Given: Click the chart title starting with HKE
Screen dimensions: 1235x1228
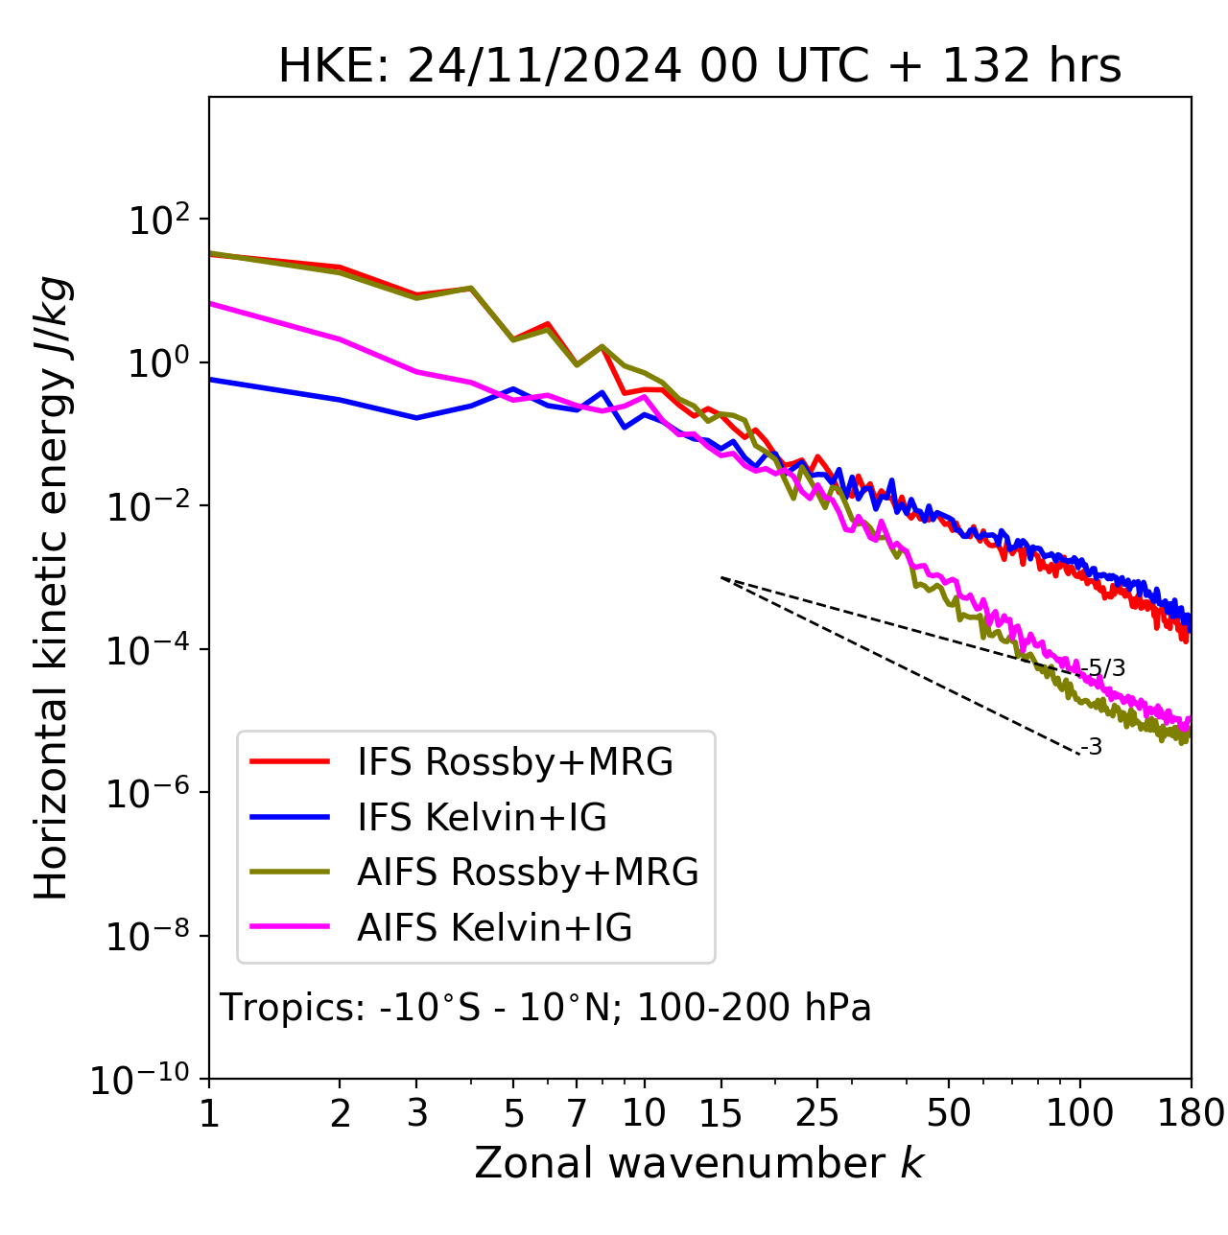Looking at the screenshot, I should [699, 67].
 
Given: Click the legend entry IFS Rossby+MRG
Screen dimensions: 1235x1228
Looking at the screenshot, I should [514, 762].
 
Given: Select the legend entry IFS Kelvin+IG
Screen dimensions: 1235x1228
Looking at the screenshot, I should [482, 818].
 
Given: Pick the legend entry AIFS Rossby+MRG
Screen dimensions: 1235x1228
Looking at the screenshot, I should [527, 873].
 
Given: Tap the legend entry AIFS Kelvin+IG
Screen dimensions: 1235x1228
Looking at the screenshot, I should [494, 928].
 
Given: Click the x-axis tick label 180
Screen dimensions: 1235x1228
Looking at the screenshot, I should [1191, 1114].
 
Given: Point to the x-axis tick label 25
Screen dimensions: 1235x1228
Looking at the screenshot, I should [817, 1114].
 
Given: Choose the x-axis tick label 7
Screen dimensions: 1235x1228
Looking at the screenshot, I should [577, 1114].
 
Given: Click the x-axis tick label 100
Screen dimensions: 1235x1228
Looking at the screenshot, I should [1080, 1114].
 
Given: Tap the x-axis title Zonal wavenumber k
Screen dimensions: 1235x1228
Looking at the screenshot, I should [698, 1164].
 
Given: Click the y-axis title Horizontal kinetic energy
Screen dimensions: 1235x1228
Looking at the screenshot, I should [53, 589].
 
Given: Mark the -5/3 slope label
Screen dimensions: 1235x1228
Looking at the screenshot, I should [1103, 668].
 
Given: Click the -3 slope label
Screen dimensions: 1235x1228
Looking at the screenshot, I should [1092, 748].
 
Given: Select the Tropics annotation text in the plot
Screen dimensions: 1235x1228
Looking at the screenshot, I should [545, 1008].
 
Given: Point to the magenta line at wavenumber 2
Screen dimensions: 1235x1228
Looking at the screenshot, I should [340, 338].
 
